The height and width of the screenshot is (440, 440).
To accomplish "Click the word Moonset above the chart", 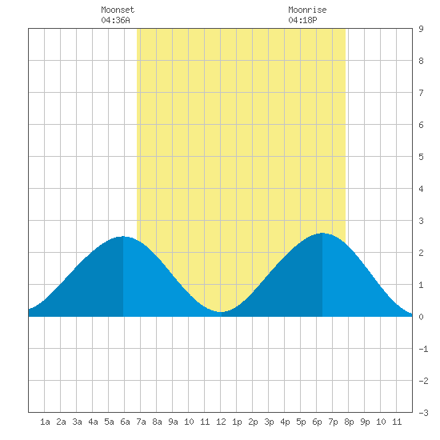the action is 118,10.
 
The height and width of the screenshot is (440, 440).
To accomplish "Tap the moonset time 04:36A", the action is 115,20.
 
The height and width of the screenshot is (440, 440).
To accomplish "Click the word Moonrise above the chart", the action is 307,10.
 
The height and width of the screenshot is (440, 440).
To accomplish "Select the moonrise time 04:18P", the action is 302,20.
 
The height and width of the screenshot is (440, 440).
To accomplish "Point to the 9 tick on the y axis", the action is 421,29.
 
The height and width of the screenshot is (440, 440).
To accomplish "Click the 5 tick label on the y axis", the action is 421,157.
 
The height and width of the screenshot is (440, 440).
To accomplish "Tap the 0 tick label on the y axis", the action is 421,317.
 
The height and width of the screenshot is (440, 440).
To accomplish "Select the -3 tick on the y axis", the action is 423,413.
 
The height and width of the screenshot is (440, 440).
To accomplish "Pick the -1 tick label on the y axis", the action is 423,349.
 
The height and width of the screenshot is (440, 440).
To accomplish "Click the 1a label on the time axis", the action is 45,422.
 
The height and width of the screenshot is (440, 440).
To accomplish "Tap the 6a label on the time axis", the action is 125,422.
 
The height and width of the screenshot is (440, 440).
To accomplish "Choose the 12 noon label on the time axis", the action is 221,422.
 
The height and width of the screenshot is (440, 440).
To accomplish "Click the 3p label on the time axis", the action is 269,422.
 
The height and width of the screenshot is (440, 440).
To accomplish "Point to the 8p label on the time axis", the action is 349,422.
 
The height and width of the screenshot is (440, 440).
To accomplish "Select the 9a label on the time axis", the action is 173,422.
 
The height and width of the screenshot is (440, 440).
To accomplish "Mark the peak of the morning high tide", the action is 123,237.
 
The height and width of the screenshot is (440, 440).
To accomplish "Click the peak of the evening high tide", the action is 322,233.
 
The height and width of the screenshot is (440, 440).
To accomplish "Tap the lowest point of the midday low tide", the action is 221,312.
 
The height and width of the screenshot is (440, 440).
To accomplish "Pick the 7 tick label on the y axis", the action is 421,93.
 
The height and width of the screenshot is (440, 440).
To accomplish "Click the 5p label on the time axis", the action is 301,422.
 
